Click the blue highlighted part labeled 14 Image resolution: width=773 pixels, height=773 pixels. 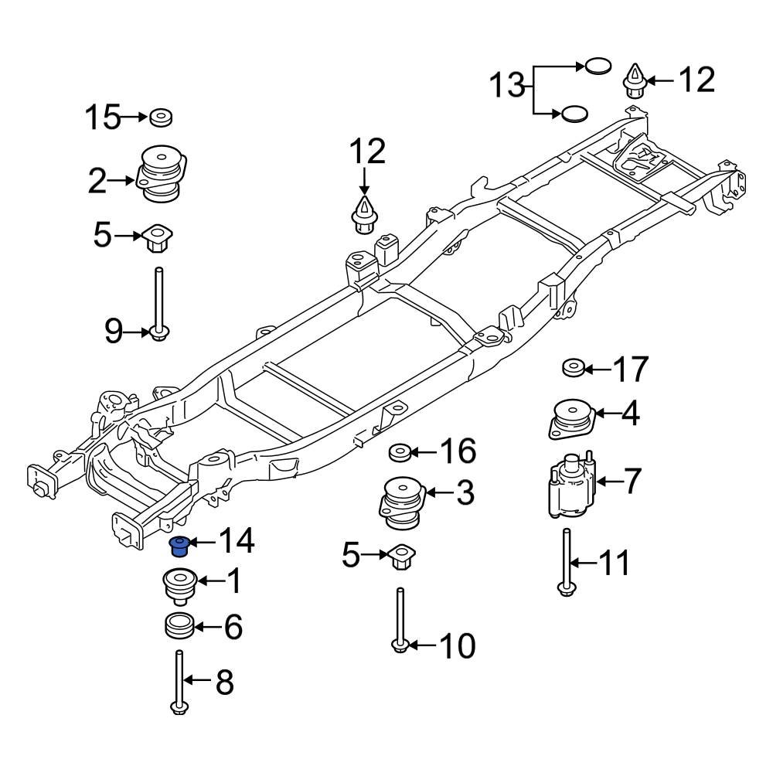click(x=180, y=547)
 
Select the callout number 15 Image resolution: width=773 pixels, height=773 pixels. click(x=102, y=118)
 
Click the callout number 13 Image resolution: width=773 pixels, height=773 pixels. click(x=509, y=84)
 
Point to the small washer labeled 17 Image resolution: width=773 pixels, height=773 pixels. click(x=573, y=368)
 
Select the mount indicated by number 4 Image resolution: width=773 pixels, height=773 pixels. click(x=574, y=420)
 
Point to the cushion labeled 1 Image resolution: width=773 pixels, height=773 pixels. click(x=179, y=585)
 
